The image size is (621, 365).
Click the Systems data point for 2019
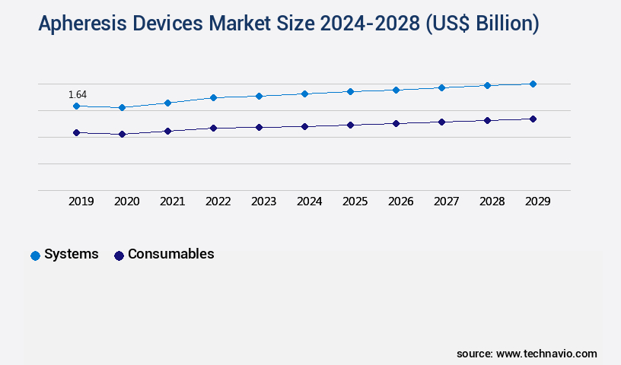[76, 106]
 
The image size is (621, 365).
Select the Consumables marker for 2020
[122, 134]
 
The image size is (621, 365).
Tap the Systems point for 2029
[533, 84]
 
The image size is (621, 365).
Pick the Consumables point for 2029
[533, 119]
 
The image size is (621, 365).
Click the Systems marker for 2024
[304, 94]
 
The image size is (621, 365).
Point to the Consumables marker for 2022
[213, 128]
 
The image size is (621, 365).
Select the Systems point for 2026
[396, 90]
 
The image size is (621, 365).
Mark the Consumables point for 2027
[441, 122]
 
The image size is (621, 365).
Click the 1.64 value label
[78, 94]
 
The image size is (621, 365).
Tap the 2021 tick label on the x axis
[172, 202]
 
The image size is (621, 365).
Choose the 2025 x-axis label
[355, 202]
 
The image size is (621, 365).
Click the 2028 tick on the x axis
[492, 202]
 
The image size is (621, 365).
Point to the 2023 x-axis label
[263, 202]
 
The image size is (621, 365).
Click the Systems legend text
[72, 254]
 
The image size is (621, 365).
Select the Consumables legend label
[170, 254]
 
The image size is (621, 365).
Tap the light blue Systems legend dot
[35, 255]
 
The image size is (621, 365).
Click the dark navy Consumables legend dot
[119, 255]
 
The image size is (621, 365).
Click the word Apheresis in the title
[82, 24]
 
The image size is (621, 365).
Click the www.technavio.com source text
[546, 354]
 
